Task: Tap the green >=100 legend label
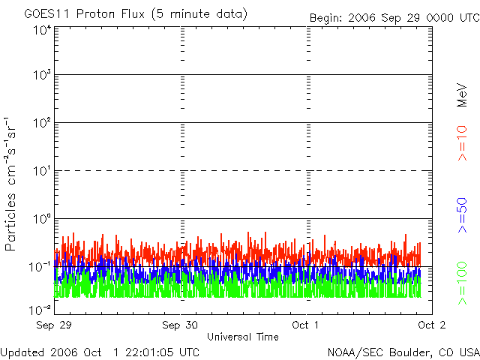pos(463,283)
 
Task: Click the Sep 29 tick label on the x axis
pos(55,325)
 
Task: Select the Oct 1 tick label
pos(305,325)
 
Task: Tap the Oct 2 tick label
pos(431,325)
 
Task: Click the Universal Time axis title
pos(242,337)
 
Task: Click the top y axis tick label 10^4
pos(41,29)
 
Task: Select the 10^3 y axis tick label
pos(41,76)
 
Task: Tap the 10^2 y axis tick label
pos(41,123)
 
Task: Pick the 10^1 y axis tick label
pos(41,171)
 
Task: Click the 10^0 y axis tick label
pos(41,219)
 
